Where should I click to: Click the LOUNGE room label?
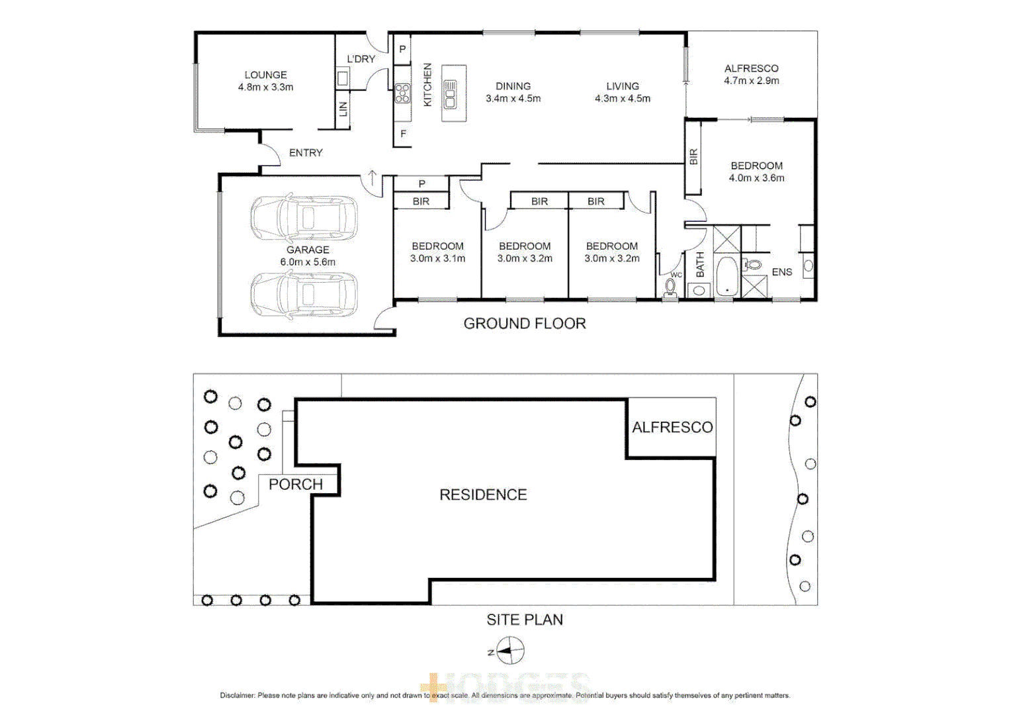point(265,75)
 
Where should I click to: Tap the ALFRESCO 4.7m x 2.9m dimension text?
point(751,81)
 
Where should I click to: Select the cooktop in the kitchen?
point(402,93)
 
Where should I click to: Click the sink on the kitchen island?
point(451,94)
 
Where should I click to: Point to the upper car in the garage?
point(304,217)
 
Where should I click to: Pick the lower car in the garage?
point(304,295)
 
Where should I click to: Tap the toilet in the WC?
point(670,288)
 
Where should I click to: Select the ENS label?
point(781,272)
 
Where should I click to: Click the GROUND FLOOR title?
point(524,324)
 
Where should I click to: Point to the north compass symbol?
point(509,651)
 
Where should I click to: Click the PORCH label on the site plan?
point(295,485)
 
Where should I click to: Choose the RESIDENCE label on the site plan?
point(483,495)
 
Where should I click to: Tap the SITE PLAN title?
point(525,620)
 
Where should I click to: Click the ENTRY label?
point(306,153)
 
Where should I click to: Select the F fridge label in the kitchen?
point(403,134)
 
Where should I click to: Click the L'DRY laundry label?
point(361,59)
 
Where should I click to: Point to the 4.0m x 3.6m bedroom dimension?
point(756,178)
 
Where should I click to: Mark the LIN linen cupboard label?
point(343,109)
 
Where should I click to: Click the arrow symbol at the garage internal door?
point(373,177)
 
